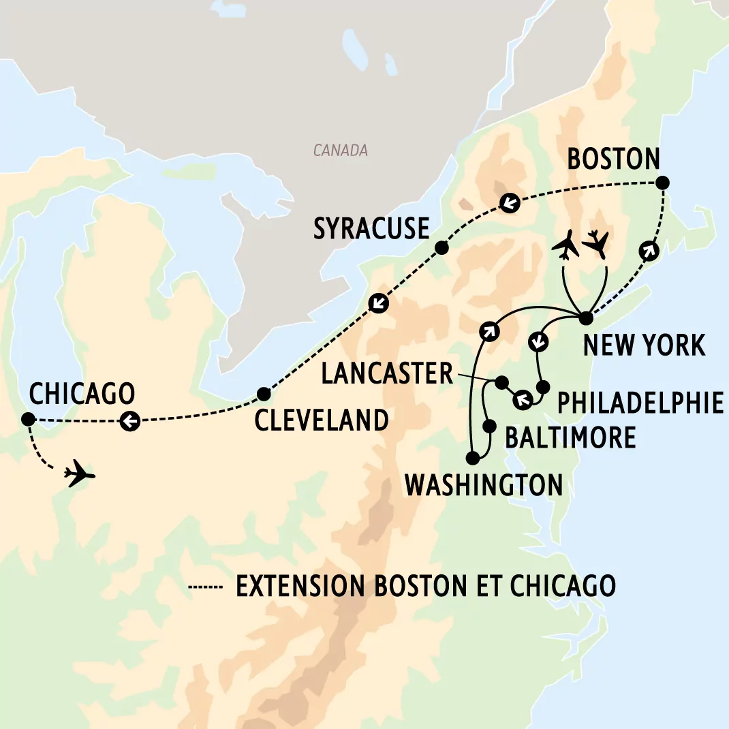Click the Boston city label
pos(613,159)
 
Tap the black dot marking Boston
pos(661,183)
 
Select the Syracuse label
pos(371,229)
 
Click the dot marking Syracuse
pos(441,247)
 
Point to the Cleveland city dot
pos(264,394)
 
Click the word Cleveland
pos(322,420)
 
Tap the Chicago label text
pos(82,394)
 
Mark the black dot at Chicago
pos(28,418)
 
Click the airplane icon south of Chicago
pos(79,472)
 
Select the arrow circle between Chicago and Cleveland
pos(130,421)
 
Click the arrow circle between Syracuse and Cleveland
pos(379,303)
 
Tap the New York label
pos(644,345)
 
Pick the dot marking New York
pos(585,317)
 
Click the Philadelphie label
pos(640,403)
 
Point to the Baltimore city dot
pos(489,426)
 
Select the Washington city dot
pos(472,458)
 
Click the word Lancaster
pos(387,373)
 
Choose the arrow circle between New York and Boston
pos(649,250)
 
